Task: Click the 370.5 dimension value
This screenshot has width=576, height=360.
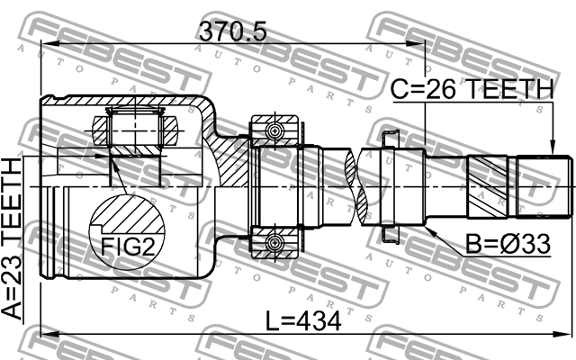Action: click(233, 31)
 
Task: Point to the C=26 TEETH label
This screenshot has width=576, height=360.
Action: click(471, 90)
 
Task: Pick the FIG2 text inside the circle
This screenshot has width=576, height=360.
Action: click(126, 245)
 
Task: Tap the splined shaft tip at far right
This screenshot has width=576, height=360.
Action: click(555, 186)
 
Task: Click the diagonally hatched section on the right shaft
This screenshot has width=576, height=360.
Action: click(490, 186)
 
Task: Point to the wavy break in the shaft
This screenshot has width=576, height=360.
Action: click(360, 186)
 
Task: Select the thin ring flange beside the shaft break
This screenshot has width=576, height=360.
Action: click(389, 186)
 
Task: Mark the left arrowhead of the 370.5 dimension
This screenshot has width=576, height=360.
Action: click(47, 45)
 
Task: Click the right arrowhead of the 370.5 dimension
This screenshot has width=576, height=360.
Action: click(419, 45)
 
